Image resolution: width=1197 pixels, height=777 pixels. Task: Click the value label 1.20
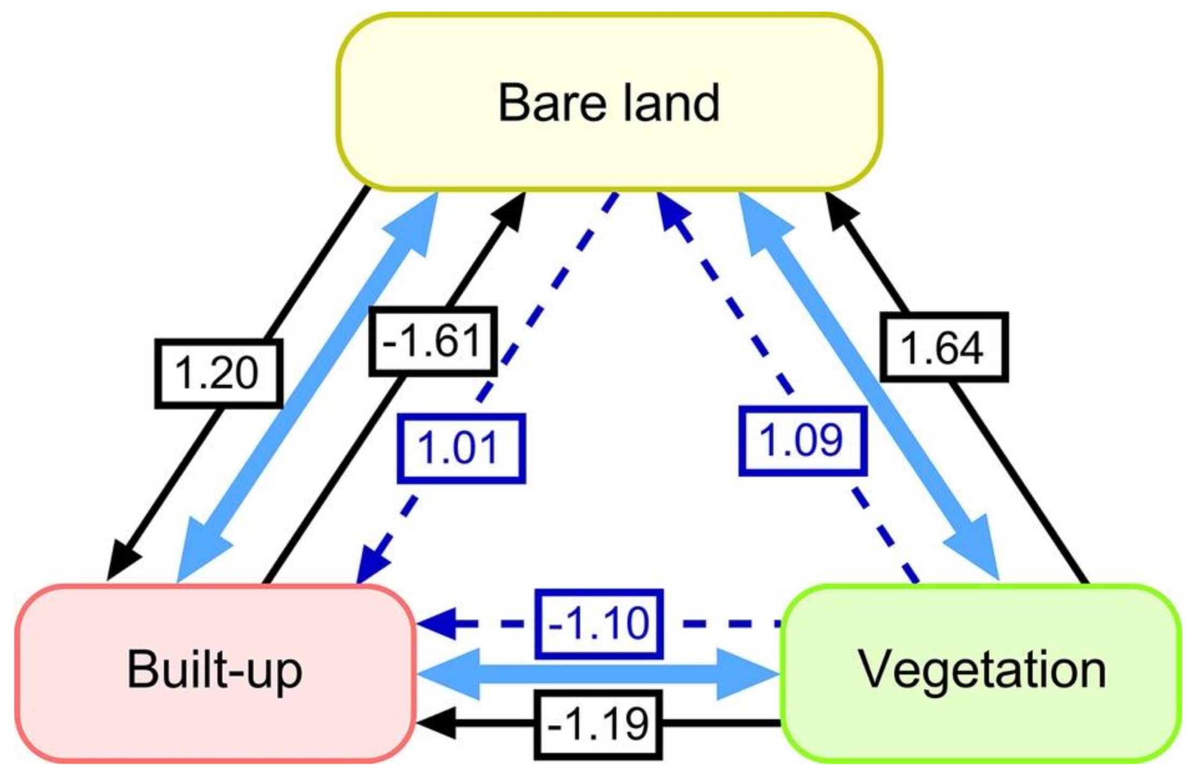tap(218, 373)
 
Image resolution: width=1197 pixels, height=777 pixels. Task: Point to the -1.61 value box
tap(432, 341)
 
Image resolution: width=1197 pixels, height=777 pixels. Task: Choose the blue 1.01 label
tap(461, 448)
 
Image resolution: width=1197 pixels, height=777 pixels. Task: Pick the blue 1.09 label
tap(802, 441)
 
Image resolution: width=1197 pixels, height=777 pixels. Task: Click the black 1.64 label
tap(944, 347)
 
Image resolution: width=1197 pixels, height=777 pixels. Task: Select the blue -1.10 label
tap(598, 624)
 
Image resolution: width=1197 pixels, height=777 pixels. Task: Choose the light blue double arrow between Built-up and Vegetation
tap(598, 674)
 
